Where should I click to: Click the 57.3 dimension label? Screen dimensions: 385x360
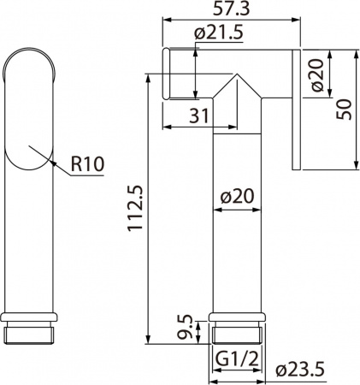click(x=231, y=9)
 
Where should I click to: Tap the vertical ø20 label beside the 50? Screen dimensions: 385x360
click(x=316, y=78)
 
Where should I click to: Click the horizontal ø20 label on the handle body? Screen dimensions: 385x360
click(x=234, y=196)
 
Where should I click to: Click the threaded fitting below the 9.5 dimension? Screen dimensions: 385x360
click(x=234, y=330)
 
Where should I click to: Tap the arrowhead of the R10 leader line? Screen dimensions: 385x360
click(x=54, y=163)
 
